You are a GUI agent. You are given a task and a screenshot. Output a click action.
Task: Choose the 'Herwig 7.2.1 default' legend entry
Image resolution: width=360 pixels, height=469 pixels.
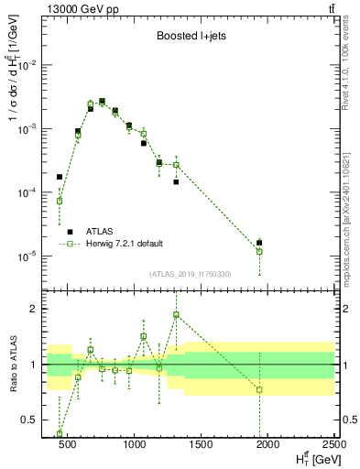tap(125, 244)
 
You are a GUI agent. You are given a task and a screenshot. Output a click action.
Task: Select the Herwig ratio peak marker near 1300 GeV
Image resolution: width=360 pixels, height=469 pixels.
tap(176, 314)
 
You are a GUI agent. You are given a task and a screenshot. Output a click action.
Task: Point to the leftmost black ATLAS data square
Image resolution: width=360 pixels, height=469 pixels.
tap(60, 177)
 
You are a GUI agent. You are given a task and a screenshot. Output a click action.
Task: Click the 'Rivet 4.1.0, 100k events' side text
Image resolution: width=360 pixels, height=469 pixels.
tap(345, 69)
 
